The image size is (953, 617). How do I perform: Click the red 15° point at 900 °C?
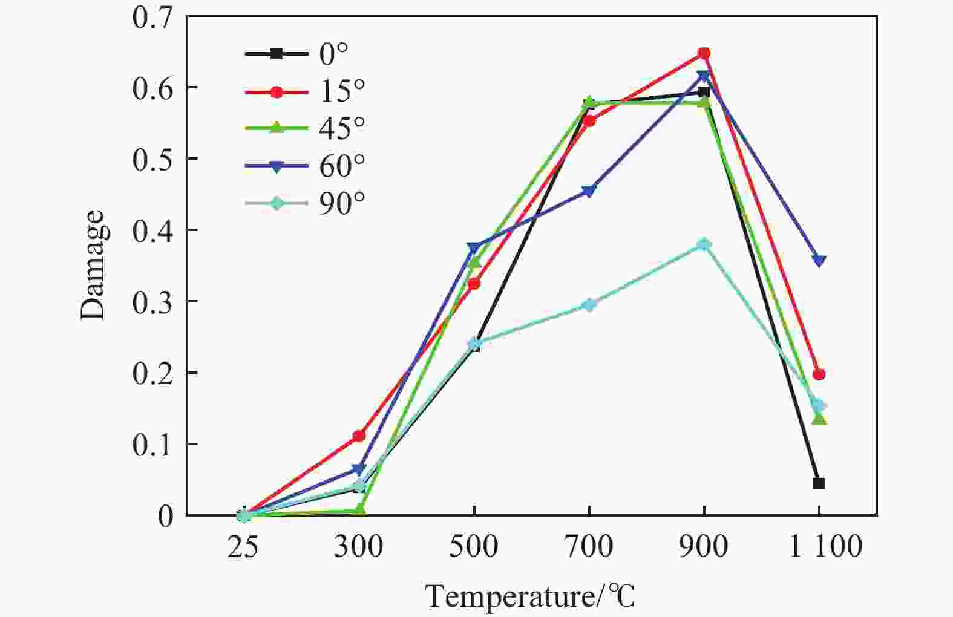[x=703, y=53]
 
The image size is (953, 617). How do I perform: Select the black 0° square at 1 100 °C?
[x=819, y=483]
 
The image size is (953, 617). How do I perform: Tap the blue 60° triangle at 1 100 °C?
[x=819, y=261]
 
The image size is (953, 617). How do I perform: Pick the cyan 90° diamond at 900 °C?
[x=703, y=244]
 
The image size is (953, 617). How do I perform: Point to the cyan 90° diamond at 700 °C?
[x=589, y=304]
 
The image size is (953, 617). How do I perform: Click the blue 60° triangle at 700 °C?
[x=589, y=192]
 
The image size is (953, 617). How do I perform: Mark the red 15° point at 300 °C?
[x=359, y=436]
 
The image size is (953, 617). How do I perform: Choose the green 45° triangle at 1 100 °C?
[x=819, y=418]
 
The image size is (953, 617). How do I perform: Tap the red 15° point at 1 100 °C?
[x=819, y=374]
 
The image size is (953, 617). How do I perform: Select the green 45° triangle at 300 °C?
[x=359, y=511]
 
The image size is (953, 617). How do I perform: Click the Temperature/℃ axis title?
[x=531, y=597]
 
